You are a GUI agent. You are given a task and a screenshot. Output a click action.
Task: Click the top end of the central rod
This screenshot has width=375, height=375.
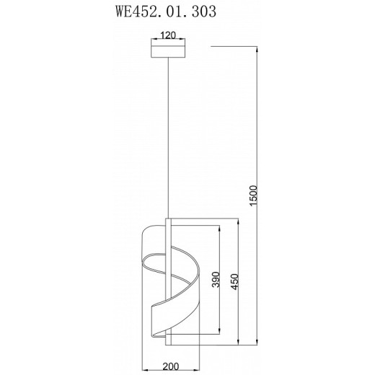click(168, 216)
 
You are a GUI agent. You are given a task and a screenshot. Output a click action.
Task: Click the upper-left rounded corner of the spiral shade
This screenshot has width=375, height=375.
click(146, 230)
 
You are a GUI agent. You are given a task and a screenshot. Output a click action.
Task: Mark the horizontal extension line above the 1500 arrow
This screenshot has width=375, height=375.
click(234, 45)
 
